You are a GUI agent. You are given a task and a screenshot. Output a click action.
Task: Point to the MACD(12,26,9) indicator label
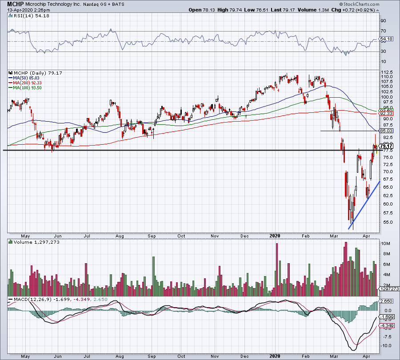[x=28, y=300]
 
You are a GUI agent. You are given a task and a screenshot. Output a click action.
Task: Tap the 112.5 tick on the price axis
[x=387, y=72]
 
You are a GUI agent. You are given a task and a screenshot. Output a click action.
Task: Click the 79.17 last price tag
[x=387, y=146]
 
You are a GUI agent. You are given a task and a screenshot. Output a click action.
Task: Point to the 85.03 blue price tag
[x=387, y=131]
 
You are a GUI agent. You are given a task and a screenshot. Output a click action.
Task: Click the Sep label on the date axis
[x=151, y=237]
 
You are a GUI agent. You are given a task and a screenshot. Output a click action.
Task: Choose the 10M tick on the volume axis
[x=386, y=244]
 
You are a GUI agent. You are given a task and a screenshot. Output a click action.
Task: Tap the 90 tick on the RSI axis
[x=383, y=20]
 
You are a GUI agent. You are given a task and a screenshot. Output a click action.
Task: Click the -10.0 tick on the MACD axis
[x=386, y=345]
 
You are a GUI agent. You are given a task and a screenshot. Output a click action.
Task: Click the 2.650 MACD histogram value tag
[x=387, y=301]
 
